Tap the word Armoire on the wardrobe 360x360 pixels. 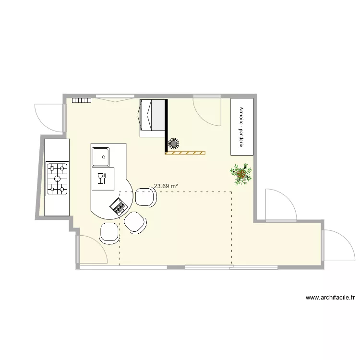point(241,115)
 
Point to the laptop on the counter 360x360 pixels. point(119,206)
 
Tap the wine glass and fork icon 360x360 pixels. point(101,179)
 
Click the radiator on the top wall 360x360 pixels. point(82,100)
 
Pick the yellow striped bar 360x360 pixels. point(185,153)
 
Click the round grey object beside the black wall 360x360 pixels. point(173,143)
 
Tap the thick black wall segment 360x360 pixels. point(166,125)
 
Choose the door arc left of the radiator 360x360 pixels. point(48,115)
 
